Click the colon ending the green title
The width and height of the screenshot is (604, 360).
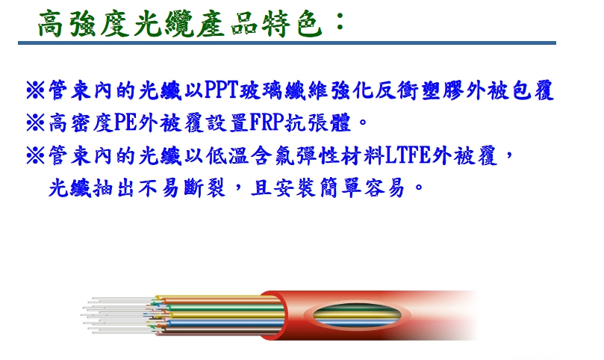click(x=340, y=22)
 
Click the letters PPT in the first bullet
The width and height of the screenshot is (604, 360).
click(x=222, y=90)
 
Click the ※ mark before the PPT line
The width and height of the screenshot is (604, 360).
click(x=35, y=90)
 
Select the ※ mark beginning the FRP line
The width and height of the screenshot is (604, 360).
click(x=35, y=123)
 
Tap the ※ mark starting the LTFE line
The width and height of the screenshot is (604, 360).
click(x=35, y=155)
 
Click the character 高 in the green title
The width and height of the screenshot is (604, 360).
click(x=51, y=24)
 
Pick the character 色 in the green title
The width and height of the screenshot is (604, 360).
click(x=309, y=24)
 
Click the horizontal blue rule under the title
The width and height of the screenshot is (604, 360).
click(x=287, y=43)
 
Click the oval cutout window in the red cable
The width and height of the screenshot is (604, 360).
click(x=357, y=315)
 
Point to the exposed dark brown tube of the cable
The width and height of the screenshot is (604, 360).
click(x=220, y=331)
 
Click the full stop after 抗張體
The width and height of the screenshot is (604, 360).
click(x=363, y=124)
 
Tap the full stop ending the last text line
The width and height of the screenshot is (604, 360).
click(x=419, y=188)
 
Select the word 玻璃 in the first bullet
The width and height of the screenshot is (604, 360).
click(x=262, y=90)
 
